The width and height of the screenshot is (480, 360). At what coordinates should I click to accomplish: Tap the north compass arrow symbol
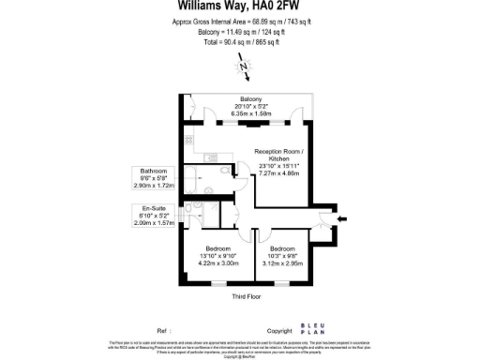point(244,67)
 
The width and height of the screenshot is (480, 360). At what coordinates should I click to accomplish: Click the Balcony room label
point(250,99)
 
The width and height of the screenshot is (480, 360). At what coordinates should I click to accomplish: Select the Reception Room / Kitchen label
point(279,156)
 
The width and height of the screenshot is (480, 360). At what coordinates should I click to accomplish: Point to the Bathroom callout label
point(154,172)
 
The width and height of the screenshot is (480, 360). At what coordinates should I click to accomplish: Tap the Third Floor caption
point(245,296)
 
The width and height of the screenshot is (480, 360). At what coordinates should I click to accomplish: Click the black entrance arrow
point(341,220)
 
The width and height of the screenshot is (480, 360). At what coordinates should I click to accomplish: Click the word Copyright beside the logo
point(279,331)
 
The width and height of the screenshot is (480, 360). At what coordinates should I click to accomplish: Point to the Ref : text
point(165,331)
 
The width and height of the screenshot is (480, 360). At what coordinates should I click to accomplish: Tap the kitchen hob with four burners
point(189,141)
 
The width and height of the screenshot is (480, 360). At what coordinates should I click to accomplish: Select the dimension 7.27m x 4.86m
point(278,173)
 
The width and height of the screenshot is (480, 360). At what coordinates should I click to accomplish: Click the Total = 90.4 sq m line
point(241,42)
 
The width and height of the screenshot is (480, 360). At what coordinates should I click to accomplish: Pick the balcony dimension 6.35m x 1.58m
point(250,115)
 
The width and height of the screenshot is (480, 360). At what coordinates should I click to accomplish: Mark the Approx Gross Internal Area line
point(241,21)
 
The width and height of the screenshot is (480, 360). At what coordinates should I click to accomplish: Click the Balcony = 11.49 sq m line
point(241,32)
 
